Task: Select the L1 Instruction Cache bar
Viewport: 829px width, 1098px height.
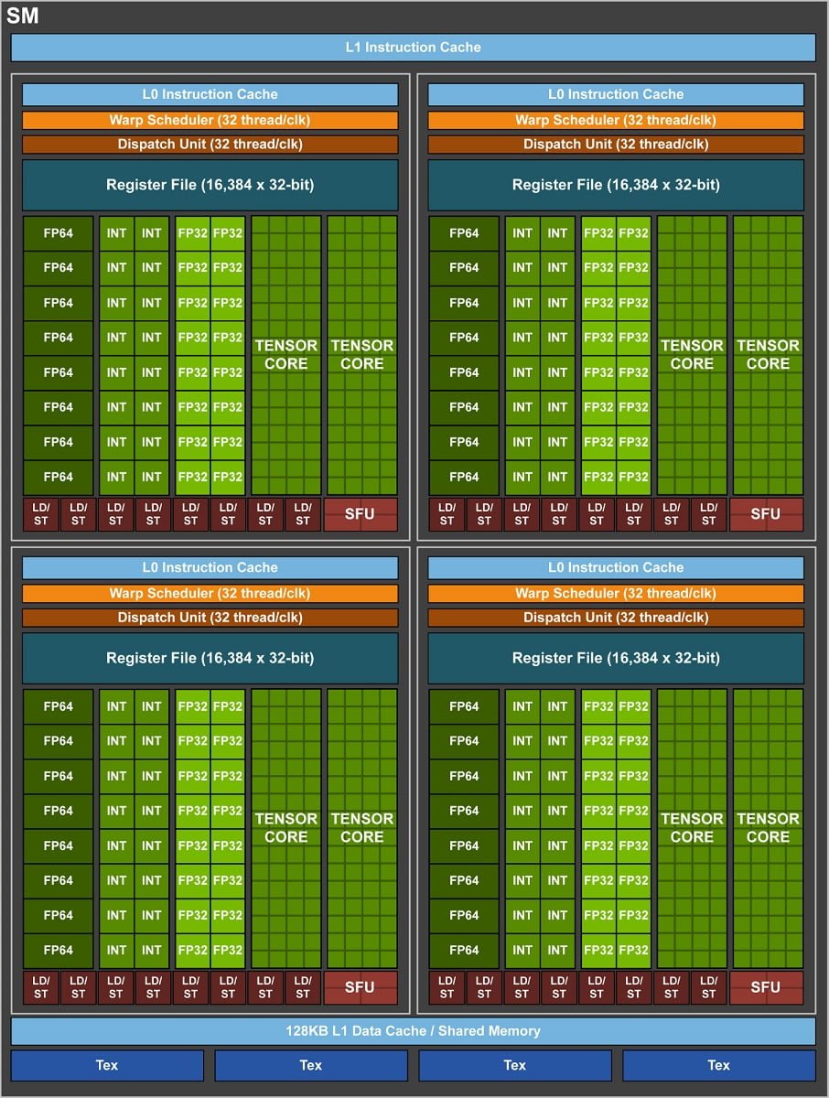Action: pos(413,48)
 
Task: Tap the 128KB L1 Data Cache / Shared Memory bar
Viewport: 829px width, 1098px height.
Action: pos(413,1031)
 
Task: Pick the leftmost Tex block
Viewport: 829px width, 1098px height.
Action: pos(107,1065)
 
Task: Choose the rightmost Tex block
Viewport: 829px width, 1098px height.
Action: pos(718,1065)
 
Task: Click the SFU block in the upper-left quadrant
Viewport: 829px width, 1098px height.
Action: pos(360,514)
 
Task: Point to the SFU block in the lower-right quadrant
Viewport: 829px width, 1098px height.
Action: pos(766,987)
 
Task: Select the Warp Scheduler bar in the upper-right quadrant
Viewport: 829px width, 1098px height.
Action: pos(616,120)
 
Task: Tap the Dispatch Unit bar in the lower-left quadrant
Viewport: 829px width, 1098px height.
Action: pos(210,618)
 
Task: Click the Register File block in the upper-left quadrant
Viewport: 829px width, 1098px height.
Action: pos(210,185)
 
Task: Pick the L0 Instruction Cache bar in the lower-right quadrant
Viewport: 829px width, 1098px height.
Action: pos(616,567)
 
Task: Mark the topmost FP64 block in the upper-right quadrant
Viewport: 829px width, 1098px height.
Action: pos(464,232)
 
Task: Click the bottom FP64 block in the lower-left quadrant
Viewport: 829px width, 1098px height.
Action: pos(58,950)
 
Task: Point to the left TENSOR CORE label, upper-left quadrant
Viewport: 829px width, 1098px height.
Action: pos(286,354)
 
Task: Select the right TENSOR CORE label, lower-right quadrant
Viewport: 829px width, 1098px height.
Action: pos(768,827)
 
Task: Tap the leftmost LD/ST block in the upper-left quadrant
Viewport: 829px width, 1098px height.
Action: pos(40,514)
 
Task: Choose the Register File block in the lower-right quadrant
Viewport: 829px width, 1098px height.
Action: pos(616,658)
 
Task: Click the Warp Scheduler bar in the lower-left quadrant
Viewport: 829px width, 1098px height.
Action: pos(210,593)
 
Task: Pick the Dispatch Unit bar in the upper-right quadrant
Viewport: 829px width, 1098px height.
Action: pos(616,145)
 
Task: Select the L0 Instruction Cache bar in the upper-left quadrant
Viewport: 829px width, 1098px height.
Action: pos(210,94)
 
